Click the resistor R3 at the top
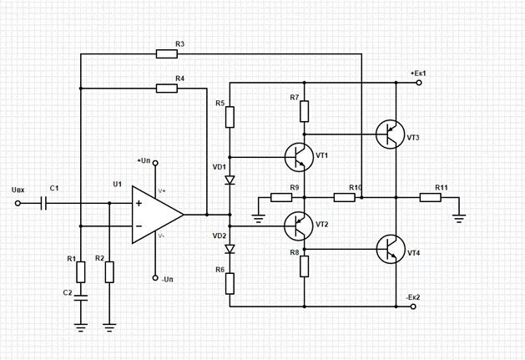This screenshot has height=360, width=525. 166,53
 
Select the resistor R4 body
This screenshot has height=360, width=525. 166,89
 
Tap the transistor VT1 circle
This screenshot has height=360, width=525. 299,157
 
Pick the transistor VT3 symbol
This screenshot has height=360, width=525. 391,134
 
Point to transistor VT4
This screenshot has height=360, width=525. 391,249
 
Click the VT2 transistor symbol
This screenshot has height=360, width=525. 299,226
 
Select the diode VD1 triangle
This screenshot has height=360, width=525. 230,180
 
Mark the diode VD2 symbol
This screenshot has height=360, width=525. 230,249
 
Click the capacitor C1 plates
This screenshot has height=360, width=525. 43,203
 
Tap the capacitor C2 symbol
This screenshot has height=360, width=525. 81,297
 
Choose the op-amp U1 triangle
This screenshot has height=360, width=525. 158,215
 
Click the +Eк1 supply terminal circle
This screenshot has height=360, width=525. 419,83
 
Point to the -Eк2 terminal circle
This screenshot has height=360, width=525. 413,307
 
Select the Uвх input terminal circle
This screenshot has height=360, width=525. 18,203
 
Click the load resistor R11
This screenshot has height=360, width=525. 430,197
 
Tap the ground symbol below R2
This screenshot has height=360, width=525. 109,327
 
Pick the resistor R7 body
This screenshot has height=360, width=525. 305,111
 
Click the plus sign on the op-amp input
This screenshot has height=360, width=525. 139,203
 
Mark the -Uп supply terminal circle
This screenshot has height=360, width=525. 155,278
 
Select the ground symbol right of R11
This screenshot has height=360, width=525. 459,219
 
